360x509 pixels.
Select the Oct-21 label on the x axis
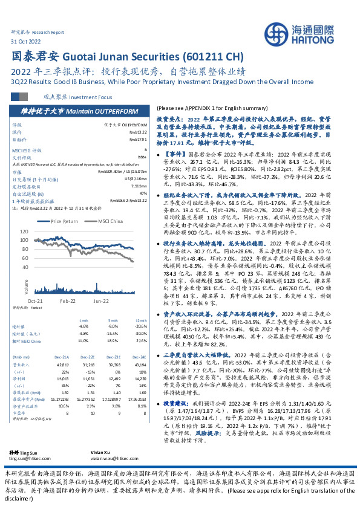click(34, 300)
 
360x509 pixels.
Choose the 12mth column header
click(141, 320)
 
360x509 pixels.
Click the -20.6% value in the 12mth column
click(140, 326)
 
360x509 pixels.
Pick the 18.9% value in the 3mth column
click(113, 340)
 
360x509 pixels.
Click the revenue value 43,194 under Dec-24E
click(140, 365)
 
